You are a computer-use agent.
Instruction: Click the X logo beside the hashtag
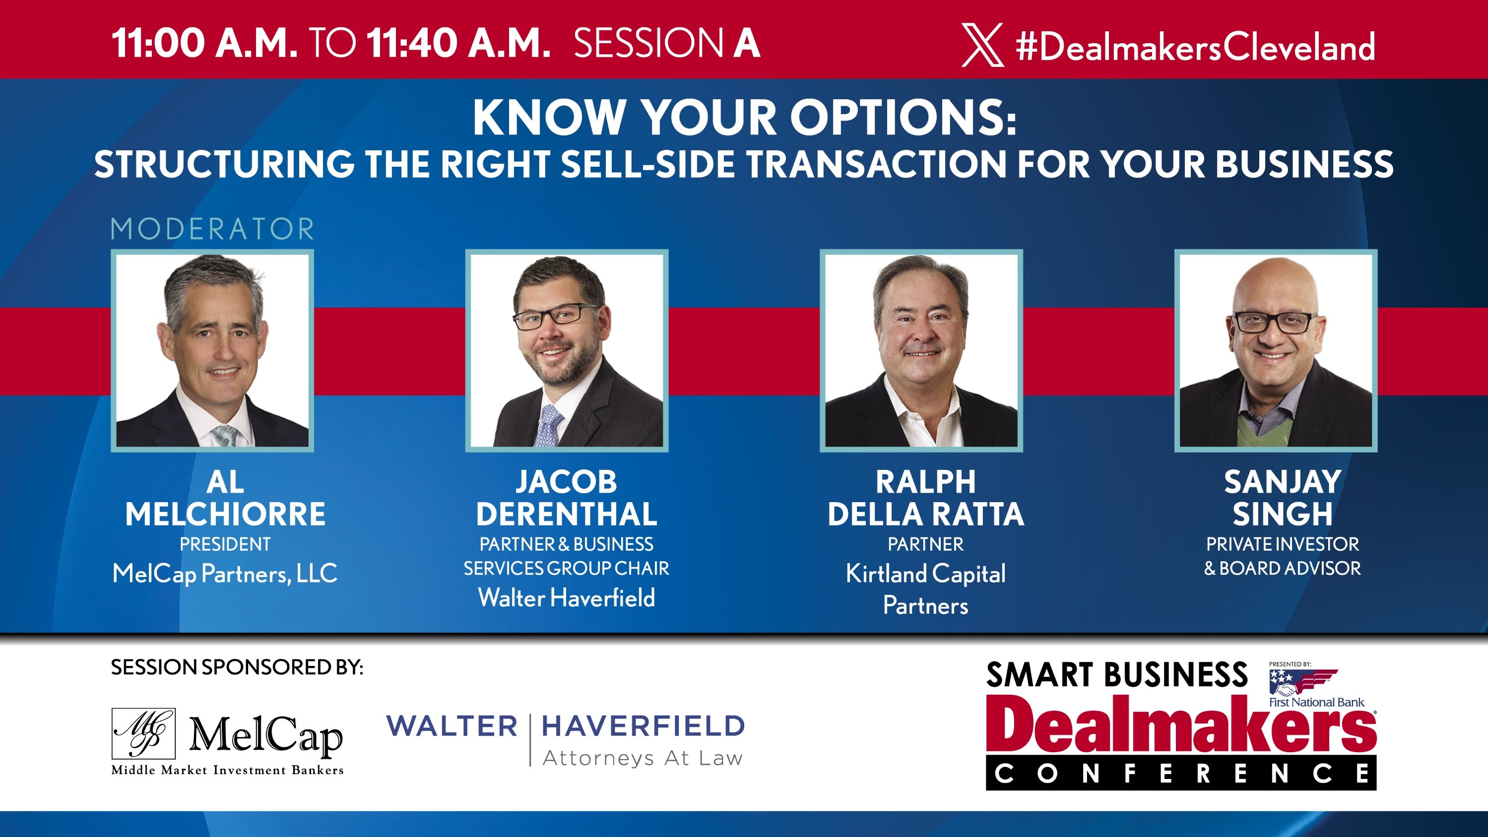point(982,45)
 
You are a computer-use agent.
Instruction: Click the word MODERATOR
point(212,229)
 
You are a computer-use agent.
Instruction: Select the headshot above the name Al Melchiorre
point(212,351)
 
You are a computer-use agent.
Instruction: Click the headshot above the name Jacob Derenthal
point(567,351)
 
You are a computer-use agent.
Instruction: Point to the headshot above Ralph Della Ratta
point(921,351)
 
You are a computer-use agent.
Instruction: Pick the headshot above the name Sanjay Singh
point(1276,351)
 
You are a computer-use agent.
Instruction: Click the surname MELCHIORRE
point(225,514)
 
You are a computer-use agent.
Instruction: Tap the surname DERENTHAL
point(567,514)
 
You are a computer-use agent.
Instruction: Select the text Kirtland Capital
point(925,574)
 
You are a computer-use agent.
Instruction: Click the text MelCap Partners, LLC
point(225,574)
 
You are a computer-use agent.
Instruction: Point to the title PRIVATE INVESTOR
point(1283,544)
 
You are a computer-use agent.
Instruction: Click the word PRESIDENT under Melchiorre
point(225,544)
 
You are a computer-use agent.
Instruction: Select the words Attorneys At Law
point(643,758)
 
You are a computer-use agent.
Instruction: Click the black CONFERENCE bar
point(1181,773)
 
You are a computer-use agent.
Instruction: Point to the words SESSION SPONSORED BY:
point(237,668)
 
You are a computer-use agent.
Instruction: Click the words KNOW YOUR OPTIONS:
point(744,118)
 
